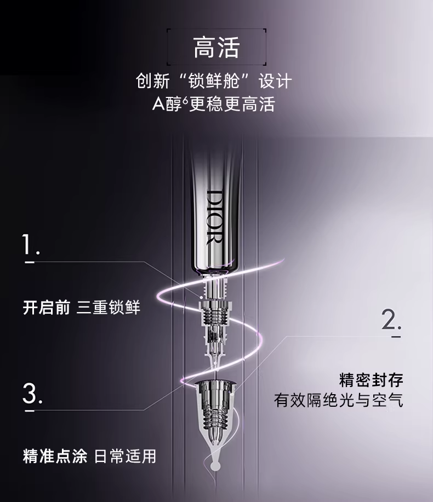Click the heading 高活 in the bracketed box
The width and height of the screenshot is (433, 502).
tap(216, 48)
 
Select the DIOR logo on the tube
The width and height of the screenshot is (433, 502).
tap(214, 217)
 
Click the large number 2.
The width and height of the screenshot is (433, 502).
tap(391, 320)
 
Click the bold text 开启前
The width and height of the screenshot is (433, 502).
tap(46, 308)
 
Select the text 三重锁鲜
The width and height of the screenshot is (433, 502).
tap(109, 308)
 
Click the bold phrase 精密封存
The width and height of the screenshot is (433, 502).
tap(371, 380)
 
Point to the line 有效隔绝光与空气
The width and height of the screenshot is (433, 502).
tap(339, 400)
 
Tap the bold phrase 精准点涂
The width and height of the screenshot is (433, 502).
tap(55, 456)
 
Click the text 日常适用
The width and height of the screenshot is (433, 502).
tap(126, 456)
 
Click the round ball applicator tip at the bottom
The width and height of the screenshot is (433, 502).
tap(215, 466)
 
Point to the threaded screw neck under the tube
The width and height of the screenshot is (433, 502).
tap(215, 315)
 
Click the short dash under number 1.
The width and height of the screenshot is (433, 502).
tap(30, 263)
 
